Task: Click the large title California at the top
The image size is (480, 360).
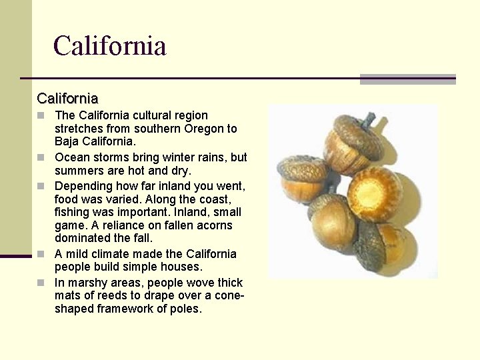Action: (109, 46)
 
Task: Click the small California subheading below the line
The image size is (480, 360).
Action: (67, 99)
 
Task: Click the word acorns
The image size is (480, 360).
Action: (214, 225)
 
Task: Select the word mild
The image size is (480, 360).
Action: (79, 254)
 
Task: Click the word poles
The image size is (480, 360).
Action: (187, 309)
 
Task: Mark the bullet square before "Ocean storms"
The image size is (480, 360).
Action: (41, 158)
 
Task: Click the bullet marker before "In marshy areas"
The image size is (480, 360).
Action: (41, 283)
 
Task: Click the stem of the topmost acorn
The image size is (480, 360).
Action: (367, 120)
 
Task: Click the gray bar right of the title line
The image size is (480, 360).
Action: (407, 79)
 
